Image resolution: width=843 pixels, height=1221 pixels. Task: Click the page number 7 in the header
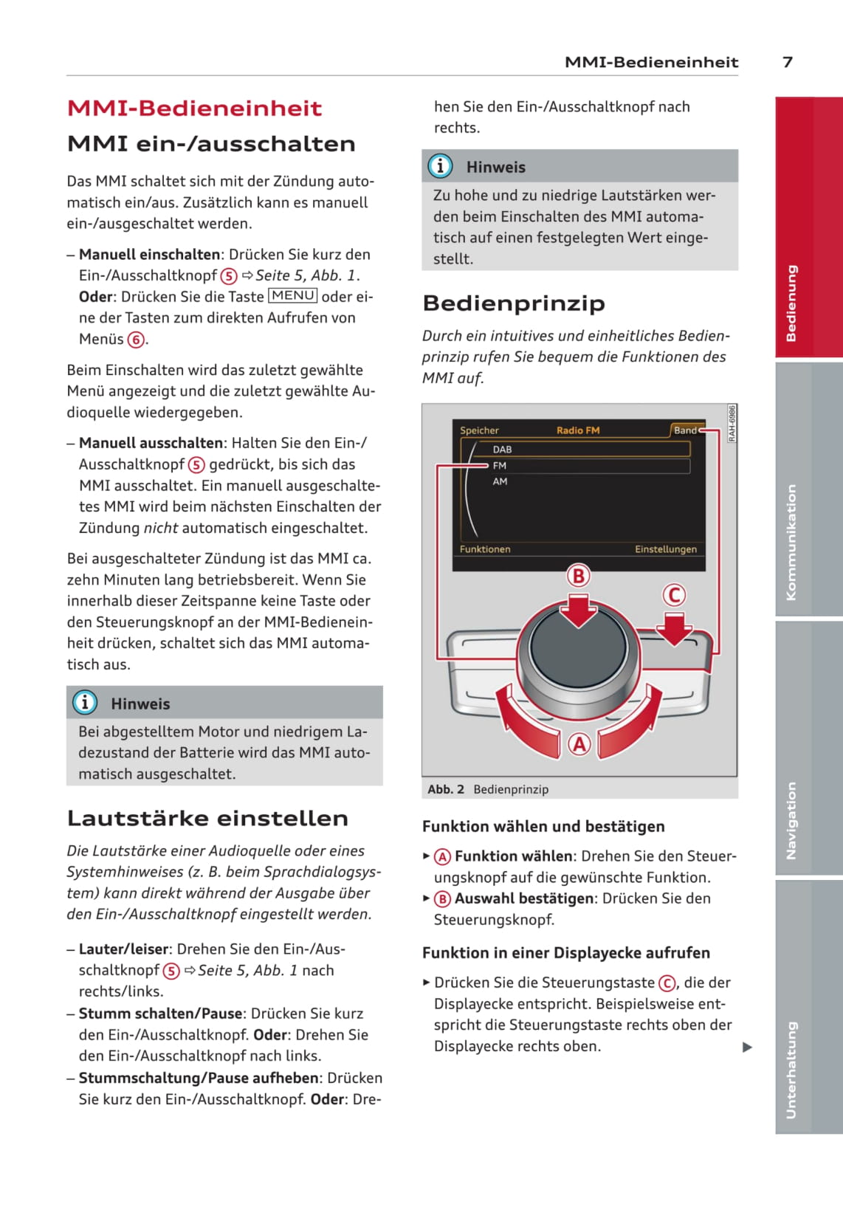pyautogui.click(x=787, y=62)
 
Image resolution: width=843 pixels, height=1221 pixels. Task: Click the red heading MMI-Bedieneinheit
pyautogui.click(x=194, y=109)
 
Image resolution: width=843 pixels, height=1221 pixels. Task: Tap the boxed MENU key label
pyautogui.click(x=293, y=296)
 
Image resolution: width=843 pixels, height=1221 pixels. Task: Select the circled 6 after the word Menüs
pyautogui.click(x=136, y=340)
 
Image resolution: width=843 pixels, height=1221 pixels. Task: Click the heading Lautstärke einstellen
pyautogui.click(x=207, y=818)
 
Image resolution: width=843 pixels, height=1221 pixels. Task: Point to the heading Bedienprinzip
pyautogui.click(x=514, y=303)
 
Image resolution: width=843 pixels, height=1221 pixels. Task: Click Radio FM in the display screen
pyautogui.click(x=577, y=430)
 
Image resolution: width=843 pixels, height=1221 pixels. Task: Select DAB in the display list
pyautogui.click(x=502, y=449)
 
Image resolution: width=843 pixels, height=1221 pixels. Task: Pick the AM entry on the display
pyautogui.click(x=500, y=481)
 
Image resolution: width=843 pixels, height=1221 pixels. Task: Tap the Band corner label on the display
pyautogui.click(x=685, y=430)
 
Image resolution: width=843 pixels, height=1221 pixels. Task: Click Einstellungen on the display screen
pyautogui.click(x=665, y=549)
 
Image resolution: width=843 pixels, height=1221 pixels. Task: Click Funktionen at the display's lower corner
pyautogui.click(x=485, y=549)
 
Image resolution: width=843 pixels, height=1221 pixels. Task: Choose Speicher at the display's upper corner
pyautogui.click(x=479, y=430)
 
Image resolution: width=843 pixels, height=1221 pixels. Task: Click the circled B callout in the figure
pyautogui.click(x=579, y=576)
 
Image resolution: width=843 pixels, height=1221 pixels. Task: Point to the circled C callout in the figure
pyautogui.click(x=673, y=595)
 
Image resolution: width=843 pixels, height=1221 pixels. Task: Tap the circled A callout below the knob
pyautogui.click(x=579, y=744)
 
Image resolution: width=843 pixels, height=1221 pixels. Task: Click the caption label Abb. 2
pyautogui.click(x=446, y=789)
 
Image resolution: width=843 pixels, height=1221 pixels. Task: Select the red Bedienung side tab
pyautogui.click(x=791, y=303)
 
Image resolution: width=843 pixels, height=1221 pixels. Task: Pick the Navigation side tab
pyautogui.click(x=791, y=820)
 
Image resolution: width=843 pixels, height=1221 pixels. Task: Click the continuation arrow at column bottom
pyautogui.click(x=747, y=1047)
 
